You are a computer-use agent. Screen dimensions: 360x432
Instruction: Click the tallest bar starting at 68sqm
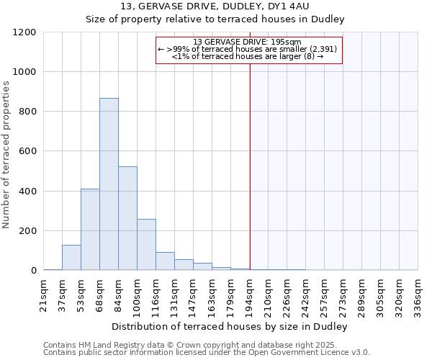tap(109, 184)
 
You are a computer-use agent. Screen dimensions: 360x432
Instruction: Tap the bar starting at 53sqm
tap(90, 230)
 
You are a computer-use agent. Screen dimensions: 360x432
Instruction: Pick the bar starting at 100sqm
tap(146, 245)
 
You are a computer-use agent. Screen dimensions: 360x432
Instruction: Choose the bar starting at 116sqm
tap(165, 261)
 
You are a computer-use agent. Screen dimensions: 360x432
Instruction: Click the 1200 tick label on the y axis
tap(24, 32)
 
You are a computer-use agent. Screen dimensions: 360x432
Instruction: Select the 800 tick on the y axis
tap(27, 112)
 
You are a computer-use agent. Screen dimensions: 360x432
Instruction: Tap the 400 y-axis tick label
tap(27, 192)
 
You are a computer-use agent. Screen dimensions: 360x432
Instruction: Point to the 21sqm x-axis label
tap(44, 294)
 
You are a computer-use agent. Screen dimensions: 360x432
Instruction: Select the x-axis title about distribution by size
tap(230, 326)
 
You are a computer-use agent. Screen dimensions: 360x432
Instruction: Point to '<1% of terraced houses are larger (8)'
tap(247, 56)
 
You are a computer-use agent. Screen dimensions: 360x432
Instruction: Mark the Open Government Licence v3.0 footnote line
tap(206, 353)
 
